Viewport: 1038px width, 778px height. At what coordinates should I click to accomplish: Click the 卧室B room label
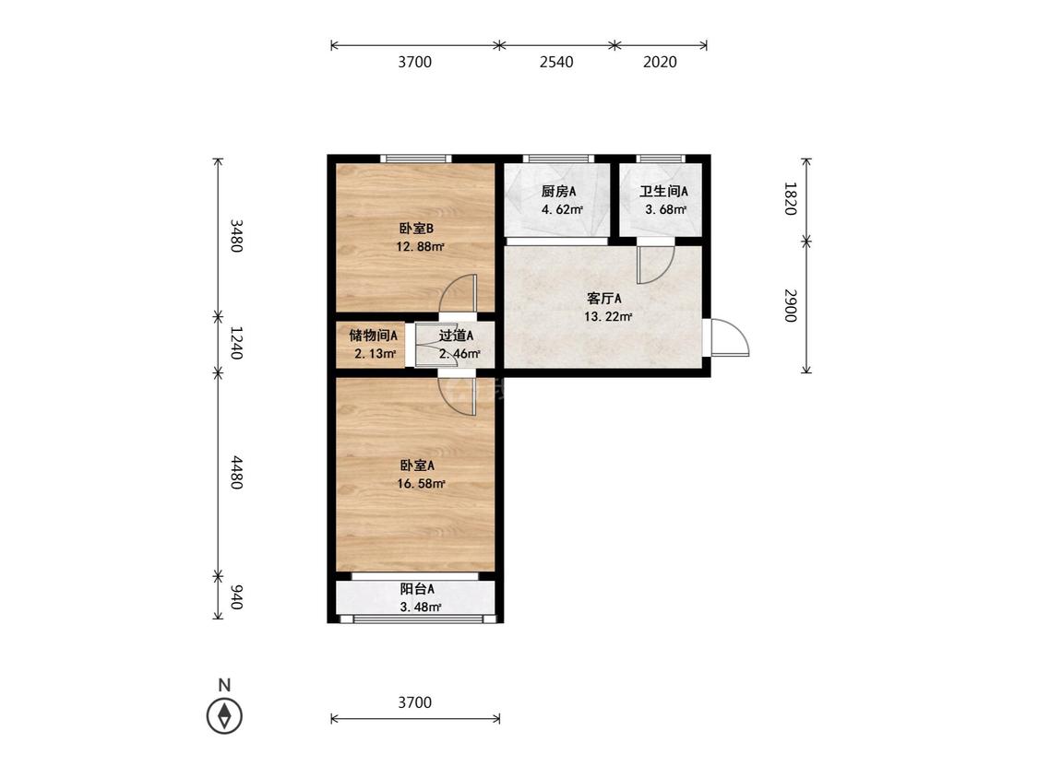click(416, 229)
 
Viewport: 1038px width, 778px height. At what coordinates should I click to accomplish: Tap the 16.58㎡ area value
click(421, 484)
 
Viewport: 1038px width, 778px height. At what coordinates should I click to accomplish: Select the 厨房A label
click(558, 192)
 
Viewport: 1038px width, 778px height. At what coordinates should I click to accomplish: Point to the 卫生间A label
click(663, 192)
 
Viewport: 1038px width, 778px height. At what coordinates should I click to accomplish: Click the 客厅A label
click(603, 299)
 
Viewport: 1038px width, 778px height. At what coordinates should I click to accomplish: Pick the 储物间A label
click(374, 336)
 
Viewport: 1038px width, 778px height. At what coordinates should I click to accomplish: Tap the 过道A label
click(456, 336)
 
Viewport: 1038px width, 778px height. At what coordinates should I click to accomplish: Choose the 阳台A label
click(417, 589)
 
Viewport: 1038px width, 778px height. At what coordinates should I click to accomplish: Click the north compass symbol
click(224, 716)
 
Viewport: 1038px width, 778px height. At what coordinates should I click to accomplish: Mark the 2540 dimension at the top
click(556, 62)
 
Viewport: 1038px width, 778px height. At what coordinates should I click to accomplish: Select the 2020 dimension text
click(660, 62)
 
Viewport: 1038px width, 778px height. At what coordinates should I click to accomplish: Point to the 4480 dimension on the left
click(236, 472)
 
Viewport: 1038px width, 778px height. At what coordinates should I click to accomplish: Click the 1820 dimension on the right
click(790, 198)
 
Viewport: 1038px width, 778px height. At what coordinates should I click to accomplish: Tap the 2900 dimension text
click(790, 306)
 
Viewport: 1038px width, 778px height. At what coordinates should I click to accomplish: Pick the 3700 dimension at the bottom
click(415, 702)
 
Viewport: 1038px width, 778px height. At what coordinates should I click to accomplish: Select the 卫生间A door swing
click(655, 265)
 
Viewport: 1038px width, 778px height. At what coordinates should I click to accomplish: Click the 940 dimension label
click(236, 597)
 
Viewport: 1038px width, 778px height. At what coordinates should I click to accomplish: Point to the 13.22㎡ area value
click(608, 317)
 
